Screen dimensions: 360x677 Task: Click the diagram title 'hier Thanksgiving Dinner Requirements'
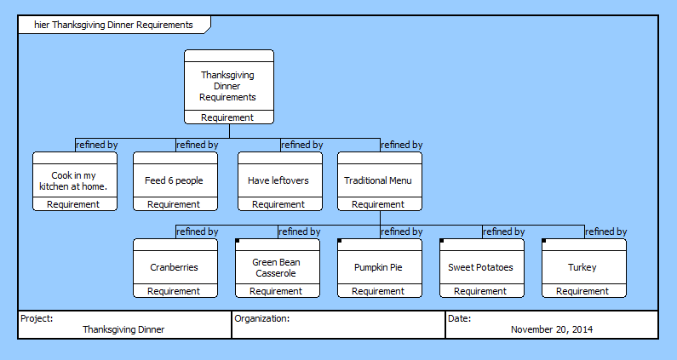pyautogui.click(x=113, y=25)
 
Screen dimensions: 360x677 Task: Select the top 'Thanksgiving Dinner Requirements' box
pyautogui.click(x=228, y=86)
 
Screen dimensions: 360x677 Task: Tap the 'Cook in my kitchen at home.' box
pyautogui.click(x=74, y=180)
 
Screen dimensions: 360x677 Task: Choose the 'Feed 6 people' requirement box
pyautogui.click(x=174, y=180)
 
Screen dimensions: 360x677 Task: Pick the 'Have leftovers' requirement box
pyautogui.click(x=278, y=180)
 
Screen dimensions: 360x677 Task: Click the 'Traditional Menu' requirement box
pyautogui.click(x=378, y=180)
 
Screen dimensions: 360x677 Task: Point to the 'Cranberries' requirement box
pyautogui.click(x=174, y=267)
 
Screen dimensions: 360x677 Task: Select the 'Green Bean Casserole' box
pyautogui.click(x=276, y=267)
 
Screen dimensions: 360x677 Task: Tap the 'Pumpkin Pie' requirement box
pyautogui.click(x=378, y=267)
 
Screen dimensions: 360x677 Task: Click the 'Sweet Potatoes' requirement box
pyautogui.click(x=480, y=267)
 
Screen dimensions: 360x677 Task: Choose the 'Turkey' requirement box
pyautogui.click(x=582, y=267)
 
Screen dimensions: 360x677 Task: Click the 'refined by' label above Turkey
pyautogui.click(x=606, y=231)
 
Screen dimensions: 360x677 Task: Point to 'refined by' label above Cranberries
pyautogui.click(x=198, y=231)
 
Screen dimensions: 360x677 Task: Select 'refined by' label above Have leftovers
pyautogui.click(x=302, y=145)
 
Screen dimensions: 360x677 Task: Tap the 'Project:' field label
pyautogui.click(x=37, y=318)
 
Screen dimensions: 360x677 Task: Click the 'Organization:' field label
pyautogui.click(x=262, y=318)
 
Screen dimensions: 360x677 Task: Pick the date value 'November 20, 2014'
pyautogui.click(x=552, y=329)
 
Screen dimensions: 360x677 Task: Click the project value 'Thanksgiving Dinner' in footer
pyautogui.click(x=123, y=329)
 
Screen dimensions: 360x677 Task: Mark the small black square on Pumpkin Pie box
pyautogui.click(x=340, y=242)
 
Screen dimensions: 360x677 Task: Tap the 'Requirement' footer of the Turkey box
pyautogui.click(x=582, y=291)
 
